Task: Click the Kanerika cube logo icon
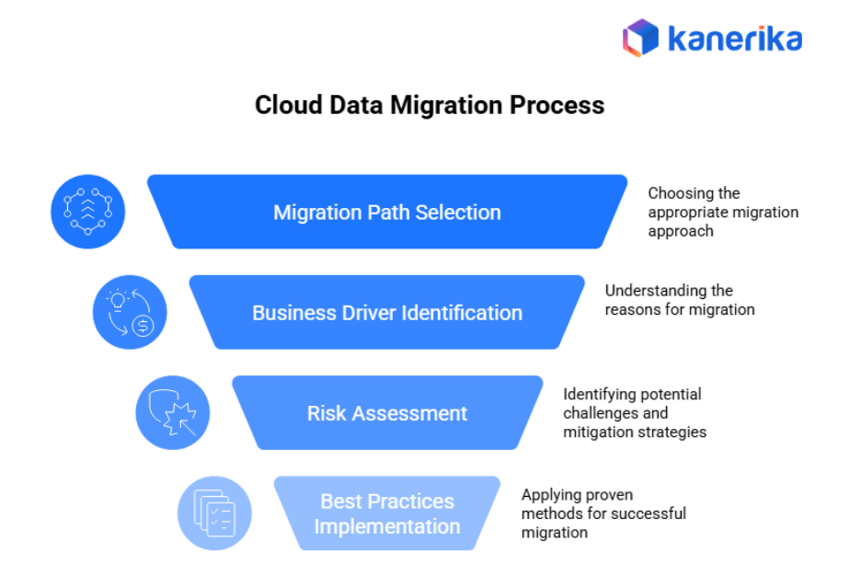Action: coord(641,38)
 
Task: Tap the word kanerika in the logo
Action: coord(734,39)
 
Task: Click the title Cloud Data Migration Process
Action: coord(430,105)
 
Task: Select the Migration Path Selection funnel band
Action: coord(387,212)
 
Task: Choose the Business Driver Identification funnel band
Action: coord(387,313)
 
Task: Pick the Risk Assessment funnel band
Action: coord(387,413)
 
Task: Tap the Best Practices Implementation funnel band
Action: coord(387,513)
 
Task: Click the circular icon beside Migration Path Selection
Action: coord(87,212)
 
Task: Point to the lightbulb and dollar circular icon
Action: coord(130,312)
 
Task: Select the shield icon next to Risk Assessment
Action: coord(172,412)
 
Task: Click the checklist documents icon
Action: coord(214,513)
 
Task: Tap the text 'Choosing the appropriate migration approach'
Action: coord(722,212)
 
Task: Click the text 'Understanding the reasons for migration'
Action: coord(679,300)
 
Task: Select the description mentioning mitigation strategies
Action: coord(634,413)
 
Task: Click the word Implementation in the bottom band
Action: coord(387,526)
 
